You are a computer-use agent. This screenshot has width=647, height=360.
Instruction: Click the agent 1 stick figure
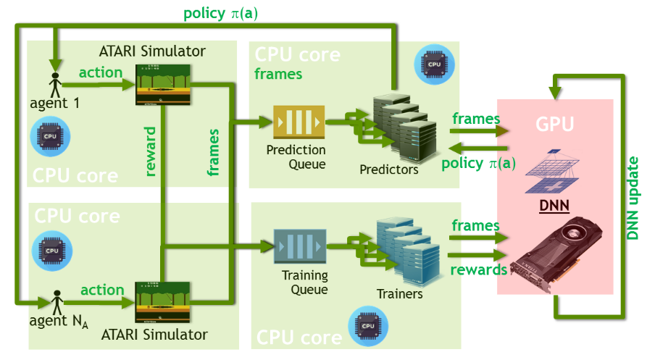[54, 82]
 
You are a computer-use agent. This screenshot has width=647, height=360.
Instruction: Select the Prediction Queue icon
[298, 122]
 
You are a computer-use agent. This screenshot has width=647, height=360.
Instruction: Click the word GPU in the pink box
[554, 124]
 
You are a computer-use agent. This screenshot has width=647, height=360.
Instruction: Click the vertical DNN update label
[633, 198]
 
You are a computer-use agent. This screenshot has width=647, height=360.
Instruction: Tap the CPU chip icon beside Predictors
[433, 64]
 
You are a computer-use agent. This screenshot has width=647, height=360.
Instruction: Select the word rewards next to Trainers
[478, 269]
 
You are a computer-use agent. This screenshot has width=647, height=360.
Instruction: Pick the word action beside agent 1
[101, 73]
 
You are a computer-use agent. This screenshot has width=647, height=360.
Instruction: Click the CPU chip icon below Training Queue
[364, 326]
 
